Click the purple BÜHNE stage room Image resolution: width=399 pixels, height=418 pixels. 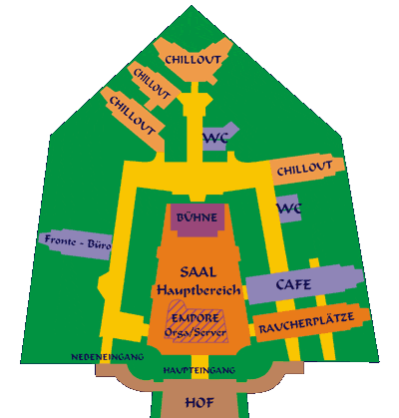click(x=199, y=219)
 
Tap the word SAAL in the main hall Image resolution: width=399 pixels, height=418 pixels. click(x=199, y=272)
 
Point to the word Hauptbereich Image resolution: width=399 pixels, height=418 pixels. click(x=199, y=290)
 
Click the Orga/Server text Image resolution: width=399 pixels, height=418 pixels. click(x=196, y=332)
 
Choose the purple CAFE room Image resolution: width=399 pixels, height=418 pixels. click(x=304, y=284)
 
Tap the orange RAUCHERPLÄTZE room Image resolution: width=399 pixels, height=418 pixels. click(x=311, y=323)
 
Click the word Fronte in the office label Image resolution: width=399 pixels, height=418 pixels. click(x=60, y=239)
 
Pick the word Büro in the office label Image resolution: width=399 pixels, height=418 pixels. click(x=99, y=244)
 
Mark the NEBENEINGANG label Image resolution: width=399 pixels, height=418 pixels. click(x=108, y=357)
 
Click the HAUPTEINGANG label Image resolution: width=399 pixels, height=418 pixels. click(x=199, y=370)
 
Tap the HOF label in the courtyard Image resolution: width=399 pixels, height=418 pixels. click(x=199, y=403)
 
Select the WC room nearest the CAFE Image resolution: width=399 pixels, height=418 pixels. click(x=288, y=209)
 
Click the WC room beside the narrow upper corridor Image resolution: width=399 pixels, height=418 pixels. click(x=218, y=137)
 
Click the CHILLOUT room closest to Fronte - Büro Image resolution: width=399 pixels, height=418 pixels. click(x=133, y=118)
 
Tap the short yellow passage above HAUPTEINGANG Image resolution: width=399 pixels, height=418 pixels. click(x=199, y=360)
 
